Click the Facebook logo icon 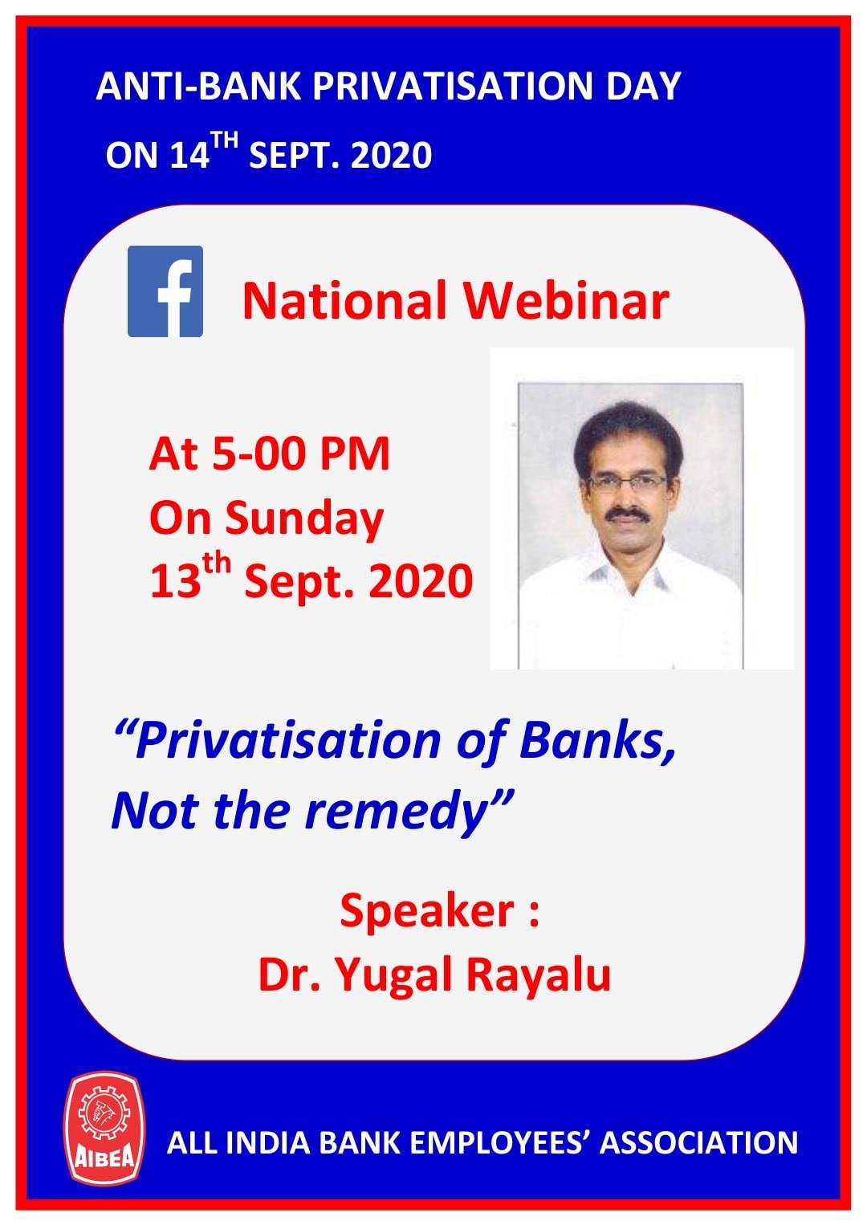point(165,291)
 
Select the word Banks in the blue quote point(598,743)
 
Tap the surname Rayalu point(538,975)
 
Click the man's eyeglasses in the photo point(627,482)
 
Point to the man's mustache point(627,513)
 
